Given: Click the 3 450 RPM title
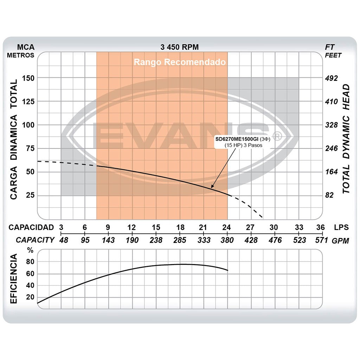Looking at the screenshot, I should [x=179, y=47].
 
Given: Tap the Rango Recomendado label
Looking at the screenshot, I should [x=179, y=62].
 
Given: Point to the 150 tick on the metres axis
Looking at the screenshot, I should [x=28, y=78].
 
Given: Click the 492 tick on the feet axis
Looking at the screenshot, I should [x=331, y=78].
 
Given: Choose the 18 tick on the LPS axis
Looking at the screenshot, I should [x=180, y=227].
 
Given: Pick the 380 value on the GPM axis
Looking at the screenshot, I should [x=227, y=240].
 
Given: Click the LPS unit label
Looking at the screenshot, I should [x=341, y=227].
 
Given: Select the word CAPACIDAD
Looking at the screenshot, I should [x=31, y=227].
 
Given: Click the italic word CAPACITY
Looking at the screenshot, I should [x=35, y=240].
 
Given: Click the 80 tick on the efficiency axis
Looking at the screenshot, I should [x=30, y=262].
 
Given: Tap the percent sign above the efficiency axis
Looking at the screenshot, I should [x=31, y=250].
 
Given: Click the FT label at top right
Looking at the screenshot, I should [x=330, y=47].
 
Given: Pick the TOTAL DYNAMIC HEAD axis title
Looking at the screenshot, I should [x=346, y=139].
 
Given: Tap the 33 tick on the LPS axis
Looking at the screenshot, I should [x=299, y=227].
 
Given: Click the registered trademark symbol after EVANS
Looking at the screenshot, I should [x=277, y=135].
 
